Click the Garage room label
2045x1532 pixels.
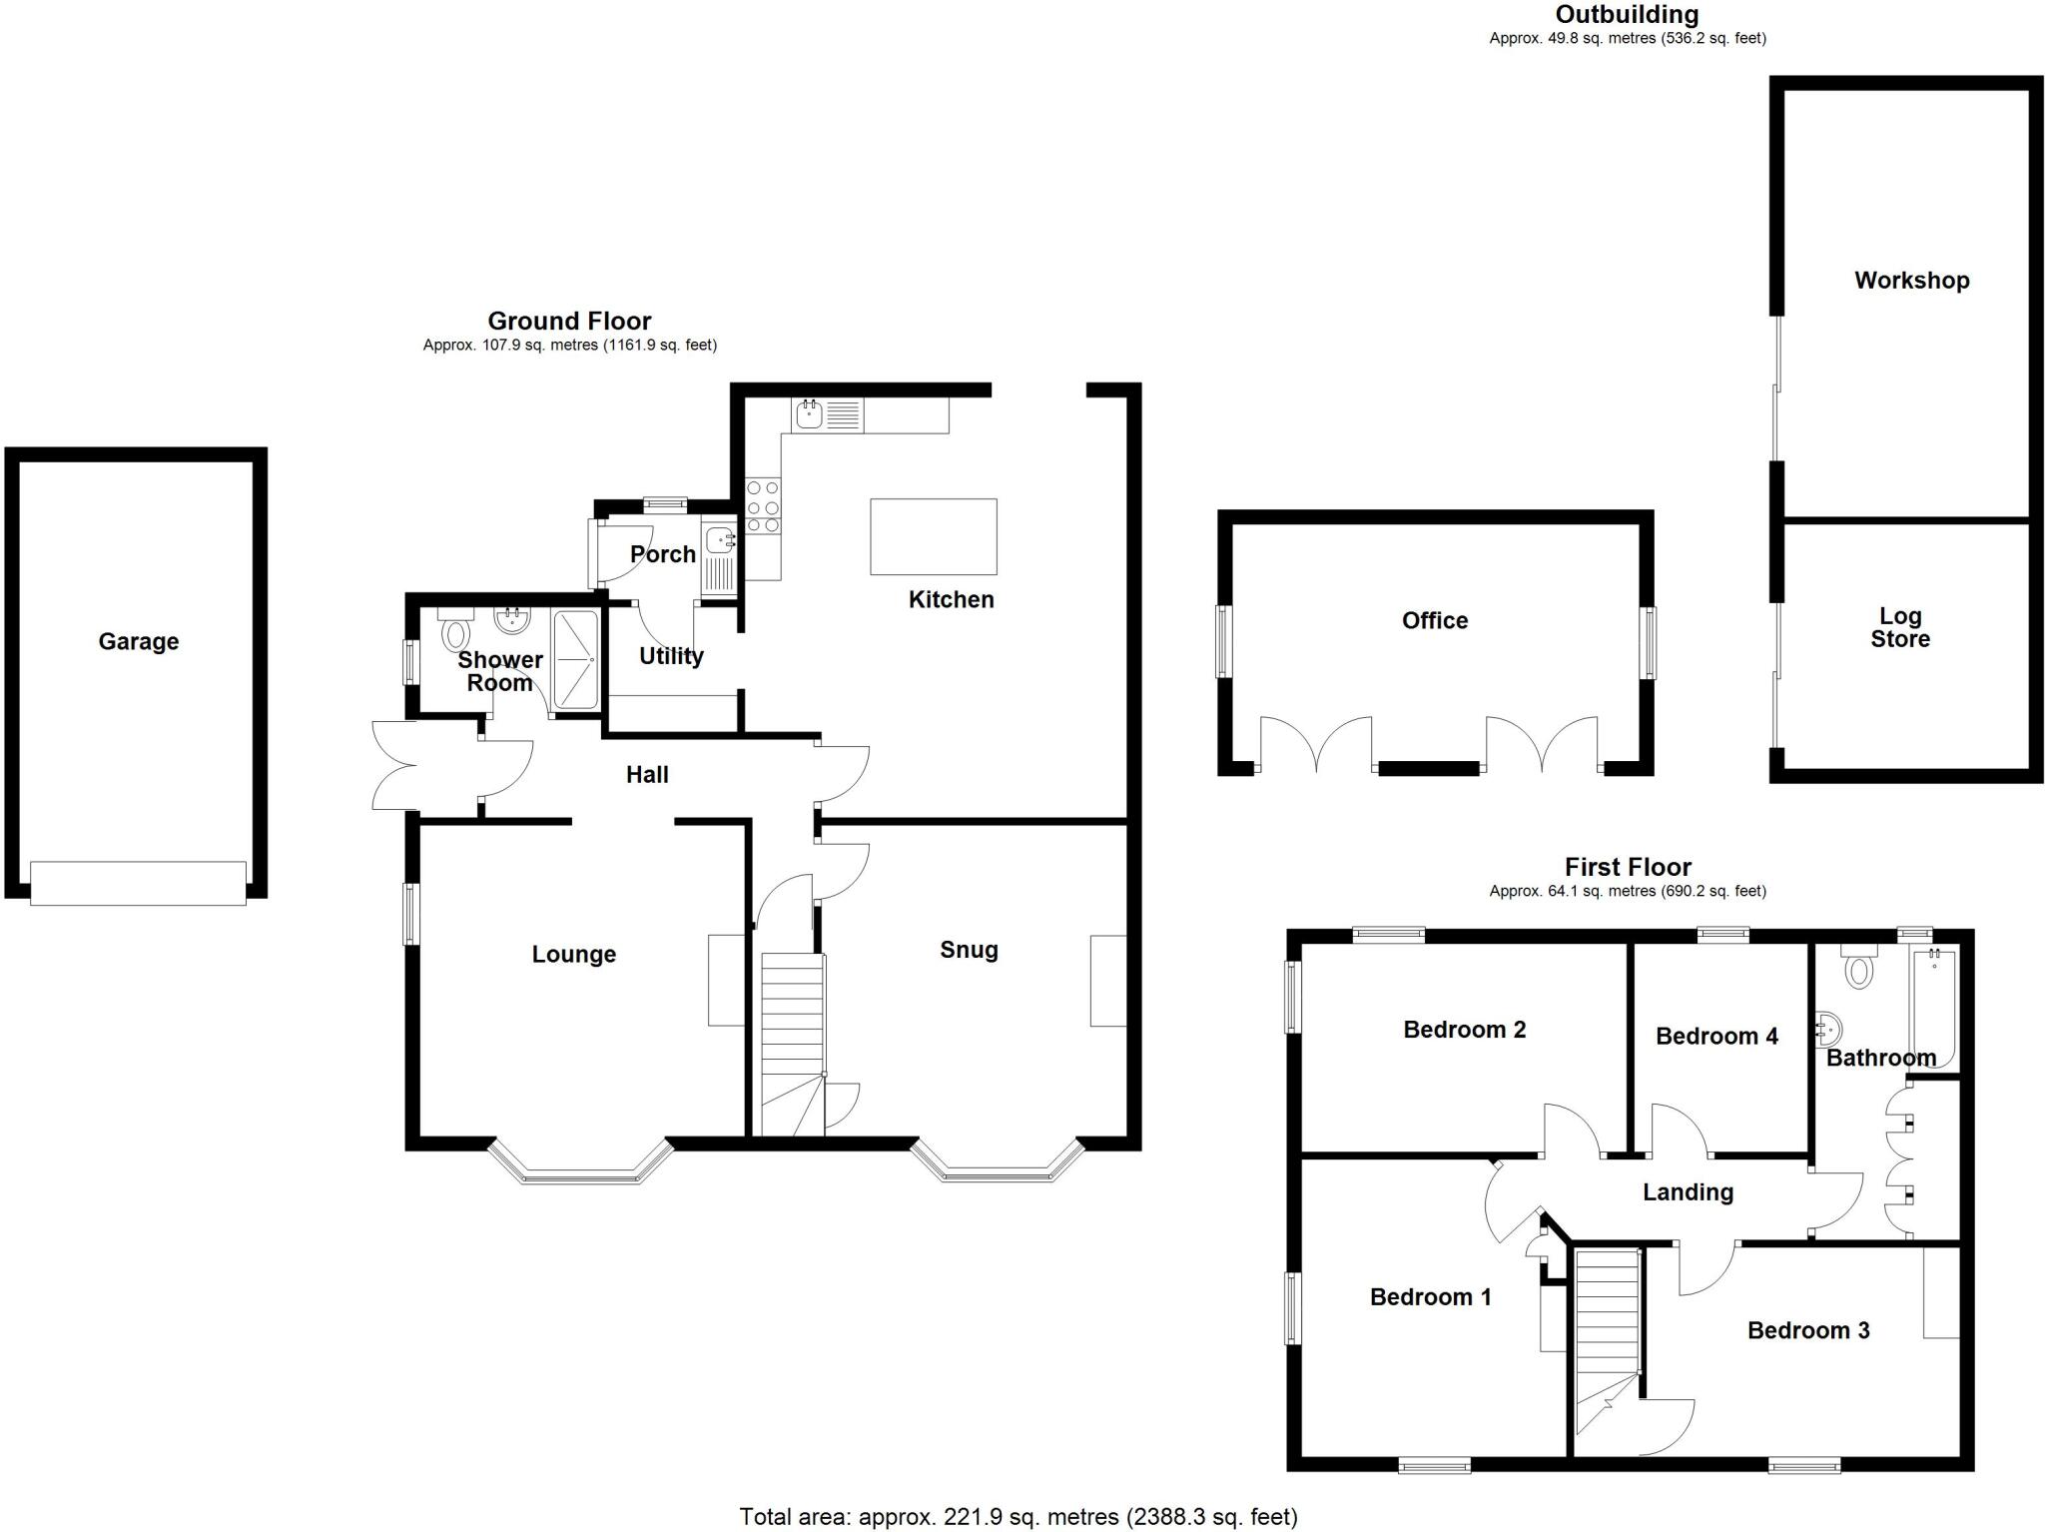tap(138, 641)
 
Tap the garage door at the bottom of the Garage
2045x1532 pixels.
tap(138, 883)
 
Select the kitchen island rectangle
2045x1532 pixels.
tap(933, 536)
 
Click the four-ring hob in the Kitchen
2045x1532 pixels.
tap(763, 506)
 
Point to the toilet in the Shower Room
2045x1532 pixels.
tap(456, 633)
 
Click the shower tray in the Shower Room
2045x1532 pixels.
tap(575, 660)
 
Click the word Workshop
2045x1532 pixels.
tap(1911, 281)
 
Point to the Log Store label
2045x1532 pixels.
tap(1899, 628)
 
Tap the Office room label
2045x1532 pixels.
tap(1434, 620)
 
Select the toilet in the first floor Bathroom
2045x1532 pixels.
tap(1858, 970)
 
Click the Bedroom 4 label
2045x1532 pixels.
tap(1715, 1036)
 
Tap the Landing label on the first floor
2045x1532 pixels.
tap(1688, 1191)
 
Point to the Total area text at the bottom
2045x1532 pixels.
tap(1018, 1517)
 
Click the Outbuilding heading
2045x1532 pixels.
tap(1627, 15)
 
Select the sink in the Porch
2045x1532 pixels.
tap(719, 542)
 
